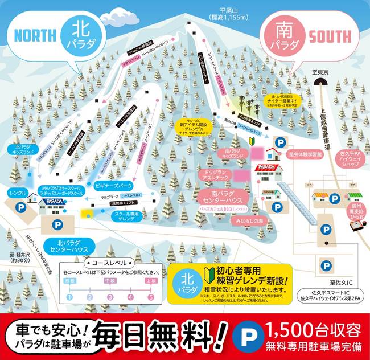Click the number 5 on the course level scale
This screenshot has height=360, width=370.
point(151,297)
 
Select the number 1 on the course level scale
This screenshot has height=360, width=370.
point(69,297)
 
